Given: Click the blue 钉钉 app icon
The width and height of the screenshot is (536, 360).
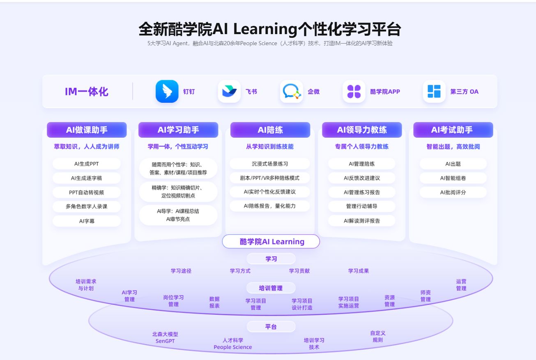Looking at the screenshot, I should pyautogui.click(x=167, y=91).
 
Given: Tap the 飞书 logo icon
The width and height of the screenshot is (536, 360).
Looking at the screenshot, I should pyautogui.click(x=229, y=91).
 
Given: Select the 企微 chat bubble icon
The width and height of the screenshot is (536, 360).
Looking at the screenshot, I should pyautogui.click(x=292, y=91).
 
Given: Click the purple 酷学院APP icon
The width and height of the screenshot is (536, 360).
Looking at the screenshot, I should pyautogui.click(x=354, y=91).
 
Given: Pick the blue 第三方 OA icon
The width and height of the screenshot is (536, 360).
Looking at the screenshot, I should pyautogui.click(x=434, y=91).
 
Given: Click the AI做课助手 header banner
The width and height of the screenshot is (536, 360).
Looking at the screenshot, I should pyautogui.click(x=87, y=130).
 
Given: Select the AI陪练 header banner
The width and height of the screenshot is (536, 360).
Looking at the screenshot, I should pyautogui.click(x=270, y=130).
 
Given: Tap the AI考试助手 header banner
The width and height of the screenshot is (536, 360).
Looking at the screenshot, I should pyautogui.click(x=453, y=130).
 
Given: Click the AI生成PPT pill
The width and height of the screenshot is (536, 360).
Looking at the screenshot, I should pyautogui.click(x=87, y=164).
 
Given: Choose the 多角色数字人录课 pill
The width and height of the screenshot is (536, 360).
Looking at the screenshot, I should pyautogui.click(x=87, y=206).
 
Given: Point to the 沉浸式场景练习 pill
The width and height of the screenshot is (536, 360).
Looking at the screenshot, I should pyautogui.click(x=270, y=164).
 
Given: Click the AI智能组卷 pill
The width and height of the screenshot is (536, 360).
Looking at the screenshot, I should pyautogui.click(x=453, y=178).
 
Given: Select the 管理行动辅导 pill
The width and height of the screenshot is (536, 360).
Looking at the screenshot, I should pyautogui.click(x=361, y=206).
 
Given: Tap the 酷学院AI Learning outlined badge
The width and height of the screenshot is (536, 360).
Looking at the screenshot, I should pyautogui.click(x=271, y=242).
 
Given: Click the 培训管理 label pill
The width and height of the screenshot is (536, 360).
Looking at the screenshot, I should pyautogui.click(x=271, y=288).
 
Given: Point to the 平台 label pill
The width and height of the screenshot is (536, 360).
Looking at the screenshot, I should pyautogui.click(x=271, y=327).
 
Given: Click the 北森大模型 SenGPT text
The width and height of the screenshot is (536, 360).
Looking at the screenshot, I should pyautogui.click(x=165, y=337).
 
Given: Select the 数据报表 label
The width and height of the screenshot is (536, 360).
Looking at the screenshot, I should pyautogui.click(x=214, y=302).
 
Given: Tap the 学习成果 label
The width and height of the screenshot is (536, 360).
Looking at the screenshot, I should pyautogui.click(x=359, y=271).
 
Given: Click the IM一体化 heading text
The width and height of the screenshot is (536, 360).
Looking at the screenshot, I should pyautogui.click(x=87, y=91).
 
